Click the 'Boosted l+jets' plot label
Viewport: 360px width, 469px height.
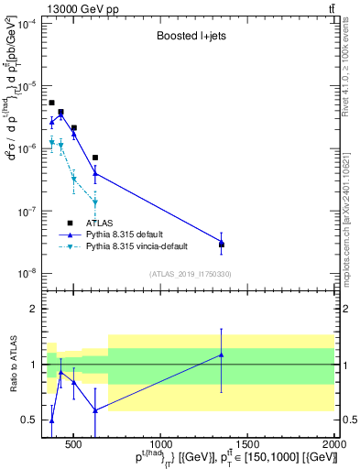[x=187, y=38]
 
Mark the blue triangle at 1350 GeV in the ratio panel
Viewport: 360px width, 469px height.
[x=222, y=354]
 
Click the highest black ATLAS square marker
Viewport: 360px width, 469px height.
[x=51, y=103]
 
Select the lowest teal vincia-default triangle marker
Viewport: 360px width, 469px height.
[x=95, y=202]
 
